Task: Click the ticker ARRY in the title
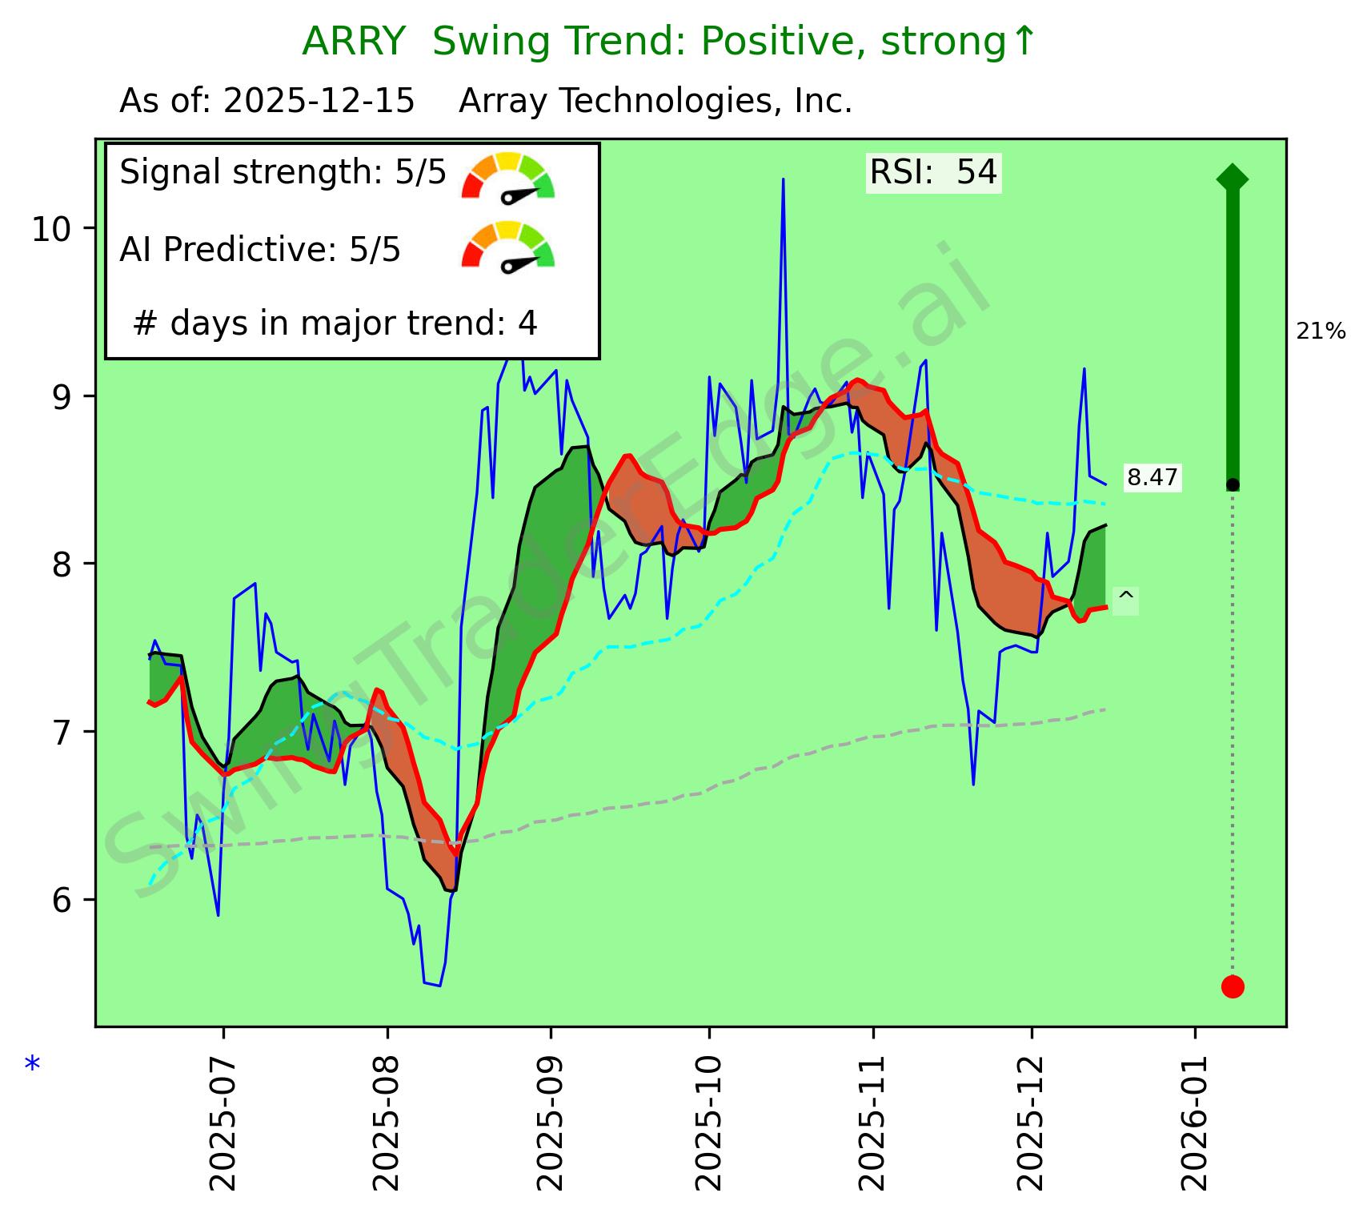coord(353,42)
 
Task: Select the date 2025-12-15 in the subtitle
coord(319,102)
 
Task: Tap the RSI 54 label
coord(933,172)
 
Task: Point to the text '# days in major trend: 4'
coord(335,323)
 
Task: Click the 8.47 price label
coord(1152,478)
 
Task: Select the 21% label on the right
coord(1321,331)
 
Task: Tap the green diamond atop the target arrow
coord(1232,178)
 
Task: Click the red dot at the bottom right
coord(1232,986)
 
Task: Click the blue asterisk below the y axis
coord(32,1066)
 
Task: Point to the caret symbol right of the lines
coord(1125,596)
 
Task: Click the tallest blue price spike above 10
coord(783,181)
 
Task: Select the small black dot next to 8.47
coord(1233,484)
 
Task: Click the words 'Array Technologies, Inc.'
coord(655,102)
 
